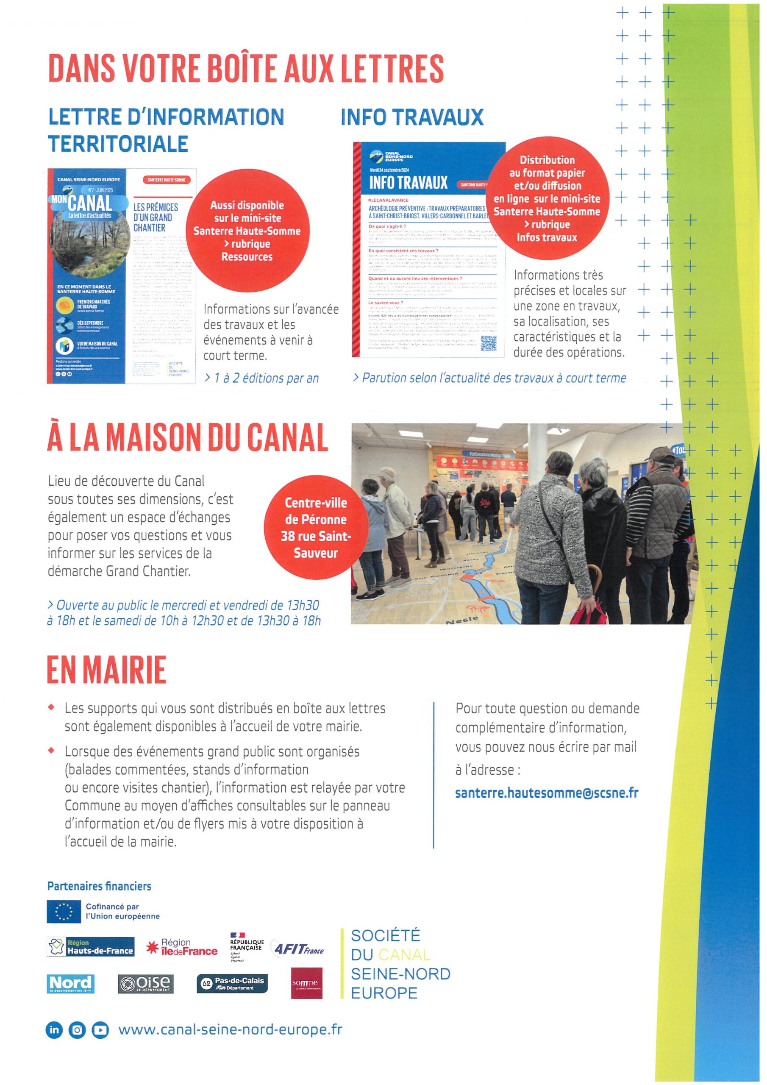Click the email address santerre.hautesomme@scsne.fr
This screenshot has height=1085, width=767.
tap(547, 793)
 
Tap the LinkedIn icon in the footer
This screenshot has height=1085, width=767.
tap(54, 1030)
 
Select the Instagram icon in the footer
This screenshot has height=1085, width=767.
tap(77, 1030)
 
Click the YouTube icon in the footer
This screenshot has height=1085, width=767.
tap(100, 1030)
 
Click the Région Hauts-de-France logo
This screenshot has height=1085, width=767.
tap(91, 946)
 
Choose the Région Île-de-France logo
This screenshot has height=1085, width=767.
tap(182, 947)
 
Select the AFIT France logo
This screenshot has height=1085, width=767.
tap(298, 948)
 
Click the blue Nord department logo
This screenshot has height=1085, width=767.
tap(70, 984)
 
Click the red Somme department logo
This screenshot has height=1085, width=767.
tap(306, 983)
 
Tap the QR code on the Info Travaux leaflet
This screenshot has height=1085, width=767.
tap(488, 344)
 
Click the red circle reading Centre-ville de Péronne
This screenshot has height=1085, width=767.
tap(316, 527)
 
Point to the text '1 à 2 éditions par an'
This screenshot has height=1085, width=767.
tap(261, 378)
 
